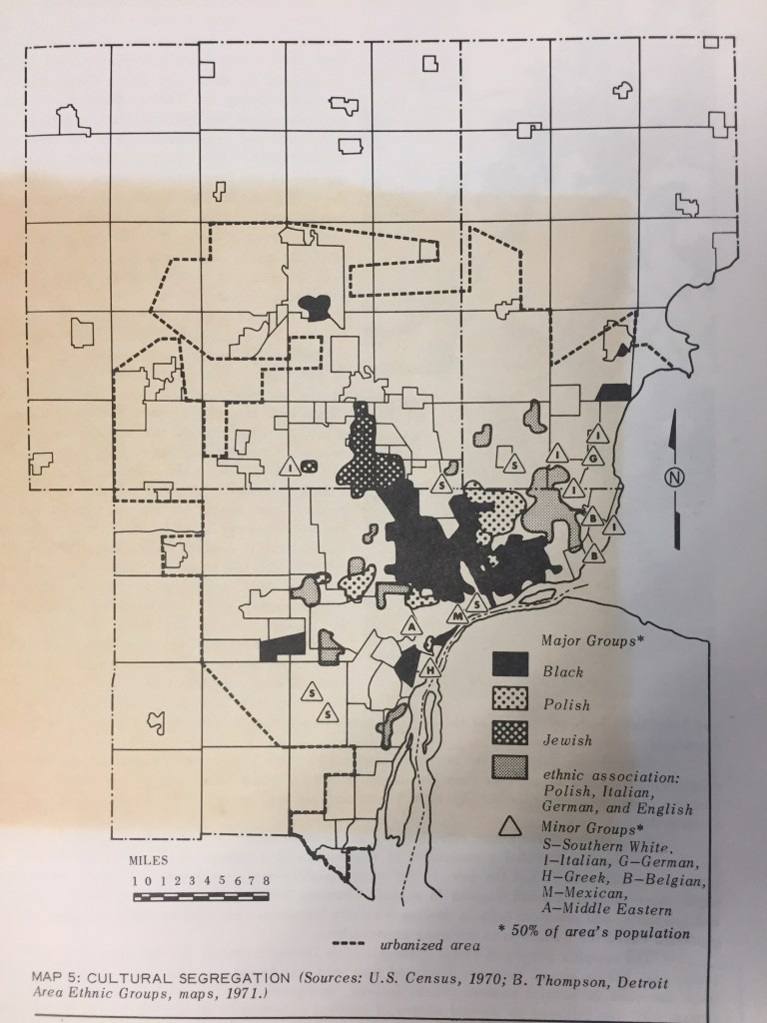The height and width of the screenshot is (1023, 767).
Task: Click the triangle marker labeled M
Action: coord(456,615)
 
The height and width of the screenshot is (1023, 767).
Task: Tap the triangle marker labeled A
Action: coord(409,627)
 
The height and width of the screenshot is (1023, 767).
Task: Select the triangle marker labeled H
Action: coord(429,667)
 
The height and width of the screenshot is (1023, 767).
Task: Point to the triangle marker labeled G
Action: coord(593,457)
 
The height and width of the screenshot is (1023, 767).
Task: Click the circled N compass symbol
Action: coord(674,478)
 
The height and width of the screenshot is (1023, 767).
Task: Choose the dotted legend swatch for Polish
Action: coord(512,703)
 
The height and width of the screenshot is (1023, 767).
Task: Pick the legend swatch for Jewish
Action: coord(512,740)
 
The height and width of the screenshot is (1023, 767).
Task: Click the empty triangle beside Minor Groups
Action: coord(511,825)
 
